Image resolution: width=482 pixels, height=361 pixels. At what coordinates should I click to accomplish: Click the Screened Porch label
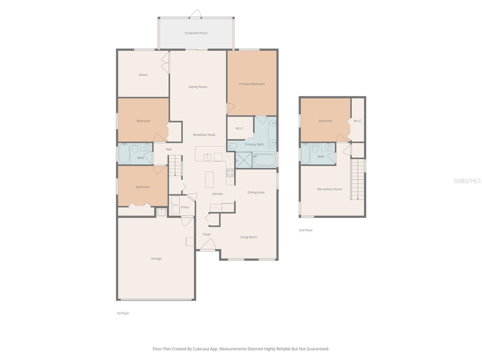[x=196, y=33]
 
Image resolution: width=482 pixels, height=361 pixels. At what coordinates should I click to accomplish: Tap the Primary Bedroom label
[x=252, y=84]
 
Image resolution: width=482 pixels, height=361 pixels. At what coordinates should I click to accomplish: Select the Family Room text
[x=198, y=87]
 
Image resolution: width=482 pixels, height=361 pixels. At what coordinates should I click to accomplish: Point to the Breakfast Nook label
[x=204, y=135]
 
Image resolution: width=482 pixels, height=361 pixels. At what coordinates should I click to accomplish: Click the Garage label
[x=156, y=258]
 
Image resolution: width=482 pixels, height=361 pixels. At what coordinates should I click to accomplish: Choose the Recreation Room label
[x=329, y=189]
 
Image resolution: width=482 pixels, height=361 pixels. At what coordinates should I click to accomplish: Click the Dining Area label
[x=256, y=193]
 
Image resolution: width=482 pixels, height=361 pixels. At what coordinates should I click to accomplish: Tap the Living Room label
[x=248, y=237]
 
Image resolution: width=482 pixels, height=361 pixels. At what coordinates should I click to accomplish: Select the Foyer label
[x=207, y=234]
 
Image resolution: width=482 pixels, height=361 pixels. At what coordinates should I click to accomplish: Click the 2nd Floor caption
[x=305, y=230]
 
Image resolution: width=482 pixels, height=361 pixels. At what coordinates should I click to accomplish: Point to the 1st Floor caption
[x=123, y=313]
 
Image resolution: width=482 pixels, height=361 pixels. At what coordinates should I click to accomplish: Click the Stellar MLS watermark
[x=467, y=180]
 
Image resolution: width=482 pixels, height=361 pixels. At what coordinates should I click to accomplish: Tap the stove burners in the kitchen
[x=230, y=173]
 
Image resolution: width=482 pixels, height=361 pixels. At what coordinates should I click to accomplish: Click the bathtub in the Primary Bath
[x=264, y=160]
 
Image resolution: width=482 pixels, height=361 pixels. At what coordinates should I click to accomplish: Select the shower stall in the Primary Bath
[x=243, y=160]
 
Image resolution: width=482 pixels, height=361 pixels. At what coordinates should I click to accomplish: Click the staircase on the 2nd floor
[x=358, y=179]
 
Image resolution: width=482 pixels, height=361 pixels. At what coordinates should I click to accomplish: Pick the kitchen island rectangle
[x=209, y=180]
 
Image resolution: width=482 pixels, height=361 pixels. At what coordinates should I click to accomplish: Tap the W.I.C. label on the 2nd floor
[x=358, y=121]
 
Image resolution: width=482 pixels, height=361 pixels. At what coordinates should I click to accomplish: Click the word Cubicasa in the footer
[x=201, y=349]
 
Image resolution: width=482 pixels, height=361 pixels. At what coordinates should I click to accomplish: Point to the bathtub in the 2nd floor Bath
[x=305, y=153]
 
